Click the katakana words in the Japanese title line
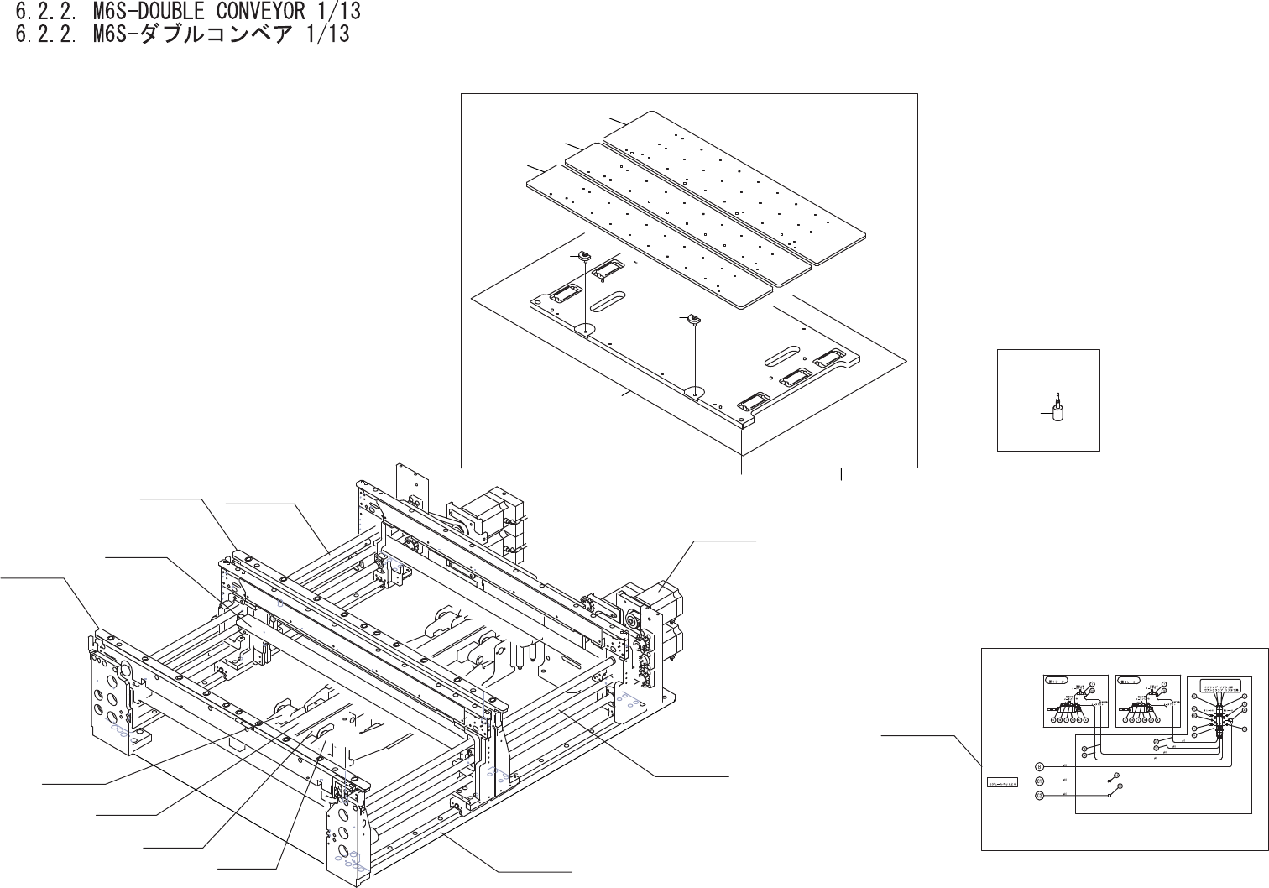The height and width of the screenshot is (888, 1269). tap(210, 35)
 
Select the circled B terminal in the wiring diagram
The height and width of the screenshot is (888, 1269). tap(1038, 766)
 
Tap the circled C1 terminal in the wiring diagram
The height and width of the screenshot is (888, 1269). tap(1038, 781)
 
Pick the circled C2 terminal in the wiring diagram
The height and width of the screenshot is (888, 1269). tap(1038, 796)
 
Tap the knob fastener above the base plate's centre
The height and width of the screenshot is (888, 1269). tap(693, 318)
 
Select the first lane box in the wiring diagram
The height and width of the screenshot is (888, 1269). tap(1076, 701)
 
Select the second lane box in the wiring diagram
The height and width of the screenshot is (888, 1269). tap(1147, 701)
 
